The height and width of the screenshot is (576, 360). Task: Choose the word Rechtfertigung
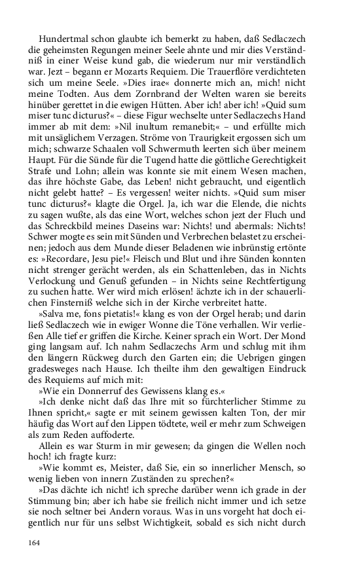click(290, 310)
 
